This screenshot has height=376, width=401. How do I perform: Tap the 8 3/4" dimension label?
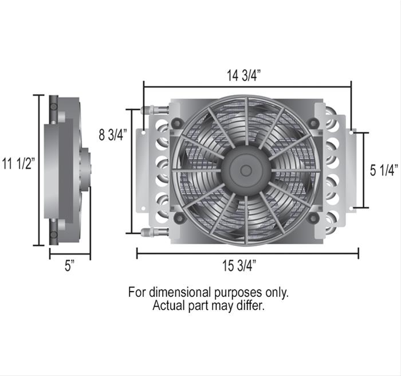pyautogui.click(x=112, y=135)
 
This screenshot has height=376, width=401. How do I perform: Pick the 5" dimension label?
pyautogui.click(x=70, y=267)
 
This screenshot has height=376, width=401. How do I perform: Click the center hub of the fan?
pyautogui.click(x=246, y=170)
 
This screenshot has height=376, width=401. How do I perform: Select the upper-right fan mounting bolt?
pyautogui.click(x=313, y=123)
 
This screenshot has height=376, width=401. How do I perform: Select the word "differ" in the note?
pyautogui.click(x=251, y=306)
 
